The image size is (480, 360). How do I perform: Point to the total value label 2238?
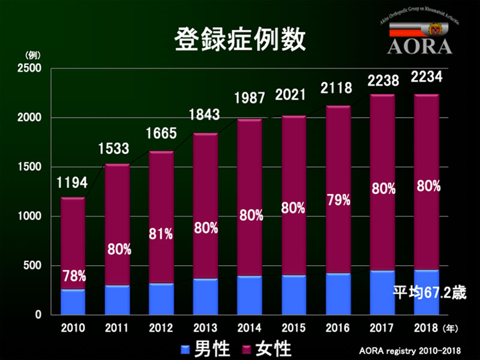pos(382,80)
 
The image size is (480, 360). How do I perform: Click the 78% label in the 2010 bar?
pos(74,277)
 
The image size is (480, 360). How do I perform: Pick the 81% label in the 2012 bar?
pos(161,235)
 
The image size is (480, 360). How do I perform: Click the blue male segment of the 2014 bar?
pos(250,295)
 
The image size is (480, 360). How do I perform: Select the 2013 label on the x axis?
pos(205,329)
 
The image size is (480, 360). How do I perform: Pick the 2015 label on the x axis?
pos(293,329)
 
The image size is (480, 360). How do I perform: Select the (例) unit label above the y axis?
pos(32,55)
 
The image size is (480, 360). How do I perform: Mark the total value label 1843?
pos(206,115)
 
